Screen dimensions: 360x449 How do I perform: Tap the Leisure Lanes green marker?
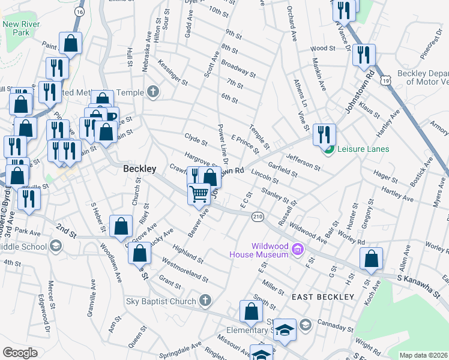click(x=328, y=149)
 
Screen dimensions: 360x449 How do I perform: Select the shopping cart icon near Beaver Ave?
click(x=199, y=194)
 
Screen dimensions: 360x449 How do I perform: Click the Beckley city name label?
click(x=140, y=169)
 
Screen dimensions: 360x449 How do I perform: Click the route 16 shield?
click(x=80, y=12)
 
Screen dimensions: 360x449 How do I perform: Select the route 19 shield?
click(x=387, y=79)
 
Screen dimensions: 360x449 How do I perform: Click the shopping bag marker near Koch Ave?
click(x=372, y=259)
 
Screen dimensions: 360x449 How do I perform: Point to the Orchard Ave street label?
click(x=292, y=25)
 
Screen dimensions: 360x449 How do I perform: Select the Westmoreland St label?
click(x=185, y=270)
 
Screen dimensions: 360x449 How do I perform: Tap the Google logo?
click(x=20, y=353)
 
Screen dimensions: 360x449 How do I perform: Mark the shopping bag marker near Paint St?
click(x=71, y=43)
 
